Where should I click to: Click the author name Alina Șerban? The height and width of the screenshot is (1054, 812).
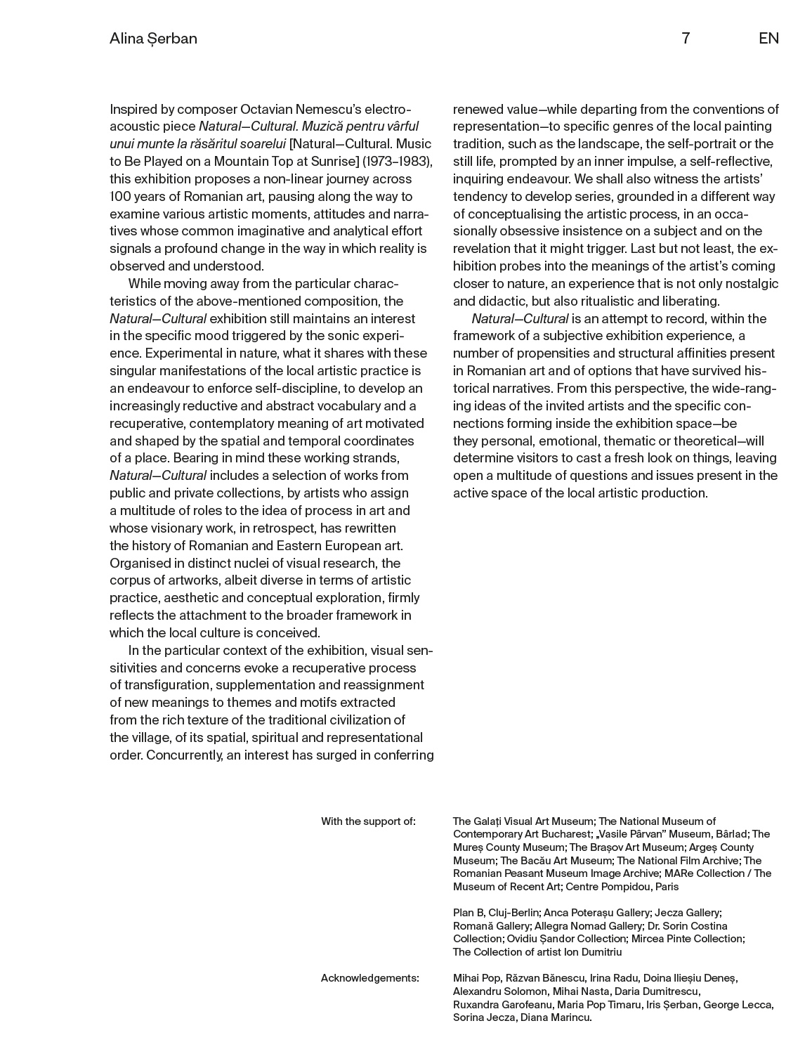[153, 39]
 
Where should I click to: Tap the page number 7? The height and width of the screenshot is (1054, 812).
[686, 39]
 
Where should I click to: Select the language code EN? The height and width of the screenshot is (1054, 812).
[768, 39]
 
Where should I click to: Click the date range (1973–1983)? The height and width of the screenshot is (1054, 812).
[398, 162]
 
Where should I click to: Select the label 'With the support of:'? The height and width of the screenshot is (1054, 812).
[368, 821]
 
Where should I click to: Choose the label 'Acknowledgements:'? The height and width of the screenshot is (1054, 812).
[369, 978]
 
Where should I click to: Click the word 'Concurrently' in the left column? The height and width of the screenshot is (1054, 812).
[183, 755]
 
